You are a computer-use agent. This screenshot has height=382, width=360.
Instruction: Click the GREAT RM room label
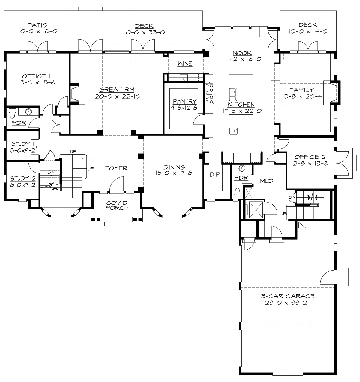pyautogui.click(x=117, y=89)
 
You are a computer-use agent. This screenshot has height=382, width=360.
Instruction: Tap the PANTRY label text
pyautogui.click(x=182, y=102)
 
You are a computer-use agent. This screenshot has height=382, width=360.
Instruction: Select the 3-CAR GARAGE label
pyautogui.click(x=287, y=296)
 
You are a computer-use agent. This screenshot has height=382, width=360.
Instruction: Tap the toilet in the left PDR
pyautogui.click(x=12, y=114)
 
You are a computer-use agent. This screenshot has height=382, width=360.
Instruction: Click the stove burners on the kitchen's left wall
pyautogui.click(x=209, y=94)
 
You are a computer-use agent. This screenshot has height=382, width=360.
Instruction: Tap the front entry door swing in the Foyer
pyautogui.click(x=116, y=185)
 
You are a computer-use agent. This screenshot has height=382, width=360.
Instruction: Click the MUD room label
pyautogui.click(x=266, y=181)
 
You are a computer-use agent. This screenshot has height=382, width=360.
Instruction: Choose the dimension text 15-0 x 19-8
pyautogui.click(x=174, y=173)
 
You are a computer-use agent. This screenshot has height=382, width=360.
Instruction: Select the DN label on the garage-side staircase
pyautogui.click(x=292, y=197)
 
